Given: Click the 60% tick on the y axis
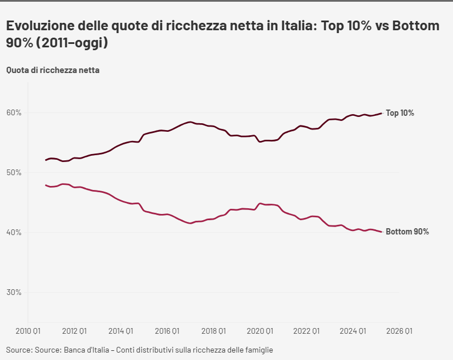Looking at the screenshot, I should pos(14,112).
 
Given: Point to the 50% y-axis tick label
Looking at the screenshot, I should pos(14,172).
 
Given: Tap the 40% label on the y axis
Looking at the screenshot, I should pos(14,232).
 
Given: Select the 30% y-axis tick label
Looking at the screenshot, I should pos(14,292).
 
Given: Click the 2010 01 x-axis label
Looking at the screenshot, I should pos(27,330).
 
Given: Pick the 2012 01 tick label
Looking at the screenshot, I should pos(74,330).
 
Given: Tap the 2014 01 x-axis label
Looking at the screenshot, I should pos(120,330).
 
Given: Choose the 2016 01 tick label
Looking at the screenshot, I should pos(167,330).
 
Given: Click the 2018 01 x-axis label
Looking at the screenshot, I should pos(214,330).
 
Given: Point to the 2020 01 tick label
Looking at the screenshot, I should pos(260,330).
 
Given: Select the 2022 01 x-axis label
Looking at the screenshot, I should pos(307,330).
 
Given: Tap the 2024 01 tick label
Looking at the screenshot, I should pos(353,330).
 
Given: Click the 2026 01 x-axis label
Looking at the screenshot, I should pos(399,330).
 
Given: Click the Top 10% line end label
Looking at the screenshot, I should pos(400,113).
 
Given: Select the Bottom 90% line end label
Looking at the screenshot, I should pos(407,232).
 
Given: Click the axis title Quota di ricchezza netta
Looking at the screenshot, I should pos(53,70).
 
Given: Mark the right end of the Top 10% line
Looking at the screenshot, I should pos(381,113).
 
